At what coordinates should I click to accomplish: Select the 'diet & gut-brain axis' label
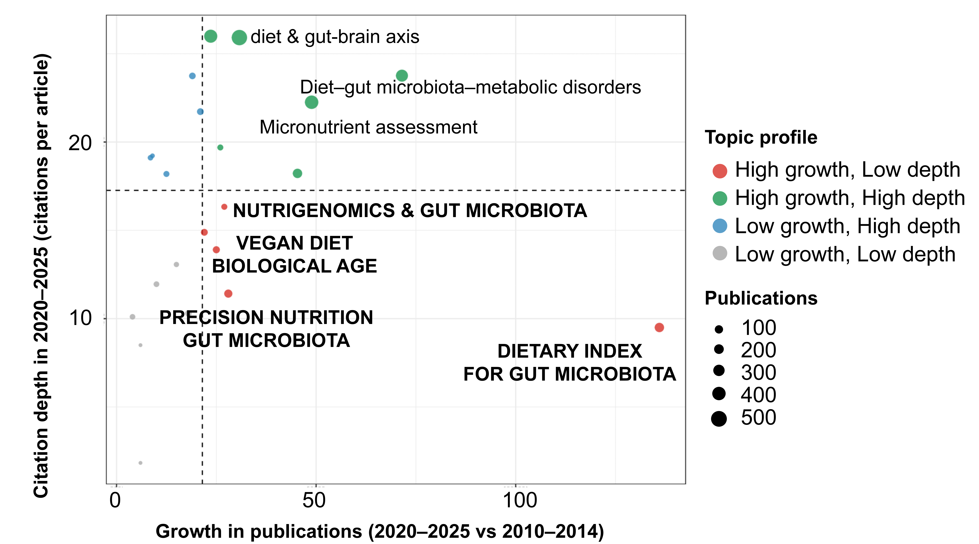335,37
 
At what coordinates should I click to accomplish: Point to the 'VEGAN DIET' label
294,243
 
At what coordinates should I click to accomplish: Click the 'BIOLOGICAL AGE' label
294,266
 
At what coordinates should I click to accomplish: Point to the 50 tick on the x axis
314,500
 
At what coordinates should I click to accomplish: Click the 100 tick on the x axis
520,500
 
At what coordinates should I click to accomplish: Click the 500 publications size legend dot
719,419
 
